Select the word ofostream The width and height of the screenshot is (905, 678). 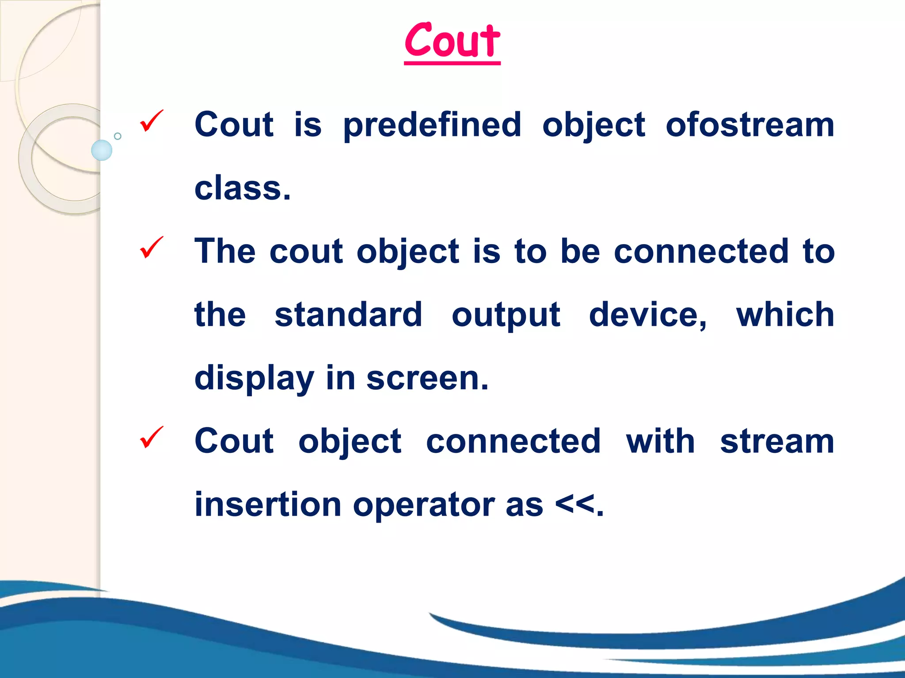[750, 125]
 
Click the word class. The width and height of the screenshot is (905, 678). [243, 188]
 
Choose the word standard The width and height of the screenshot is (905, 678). [348, 315]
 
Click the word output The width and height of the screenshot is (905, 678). [506, 316]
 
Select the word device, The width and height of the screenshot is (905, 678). [648, 315]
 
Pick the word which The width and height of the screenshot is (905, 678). [785, 315]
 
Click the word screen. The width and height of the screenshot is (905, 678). [427, 379]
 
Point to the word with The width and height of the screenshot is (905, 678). [660, 441]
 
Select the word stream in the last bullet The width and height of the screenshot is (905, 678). [777, 441]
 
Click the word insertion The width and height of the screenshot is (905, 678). [268, 505]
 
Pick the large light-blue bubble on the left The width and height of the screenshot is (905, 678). [102, 150]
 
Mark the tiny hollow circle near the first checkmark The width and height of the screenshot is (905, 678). [118, 136]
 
